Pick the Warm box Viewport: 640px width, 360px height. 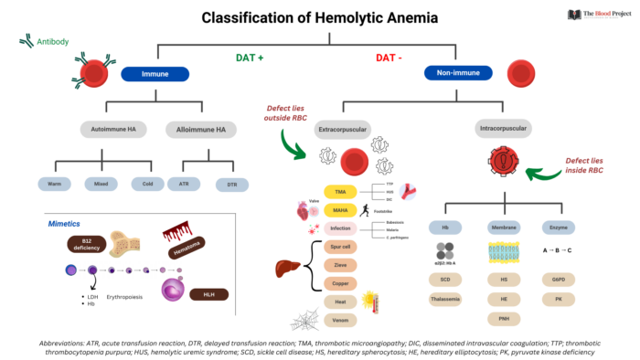click(55, 184)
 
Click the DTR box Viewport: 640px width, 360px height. click(231, 184)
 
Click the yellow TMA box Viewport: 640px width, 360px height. click(340, 194)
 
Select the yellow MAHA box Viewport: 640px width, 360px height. click(340, 210)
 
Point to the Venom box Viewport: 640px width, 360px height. click(340, 319)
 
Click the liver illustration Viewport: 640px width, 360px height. click(293, 270)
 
